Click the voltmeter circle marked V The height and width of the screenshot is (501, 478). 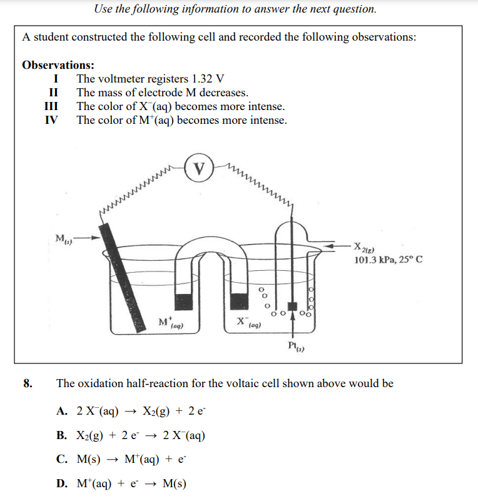click(x=200, y=168)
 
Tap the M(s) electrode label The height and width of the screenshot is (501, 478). click(x=63, y=238)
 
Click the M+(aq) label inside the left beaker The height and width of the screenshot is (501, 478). click(x=170, y=323)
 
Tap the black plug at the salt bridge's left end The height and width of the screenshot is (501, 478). click(x=183, y=301)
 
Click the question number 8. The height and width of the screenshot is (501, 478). click(x=28, y=383)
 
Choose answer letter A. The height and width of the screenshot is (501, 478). click(x=61, y=411)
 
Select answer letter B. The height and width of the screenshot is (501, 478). click(x=61, y=435)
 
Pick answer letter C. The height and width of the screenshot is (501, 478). click(x=61, y=460)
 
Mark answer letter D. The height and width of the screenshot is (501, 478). click(x=61, y=483)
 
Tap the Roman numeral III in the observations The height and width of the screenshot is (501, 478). click(x=53, y=106)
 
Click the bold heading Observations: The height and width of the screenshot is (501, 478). click(x=58, y=65)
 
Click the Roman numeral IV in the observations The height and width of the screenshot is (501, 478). click(x=53, y=120)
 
